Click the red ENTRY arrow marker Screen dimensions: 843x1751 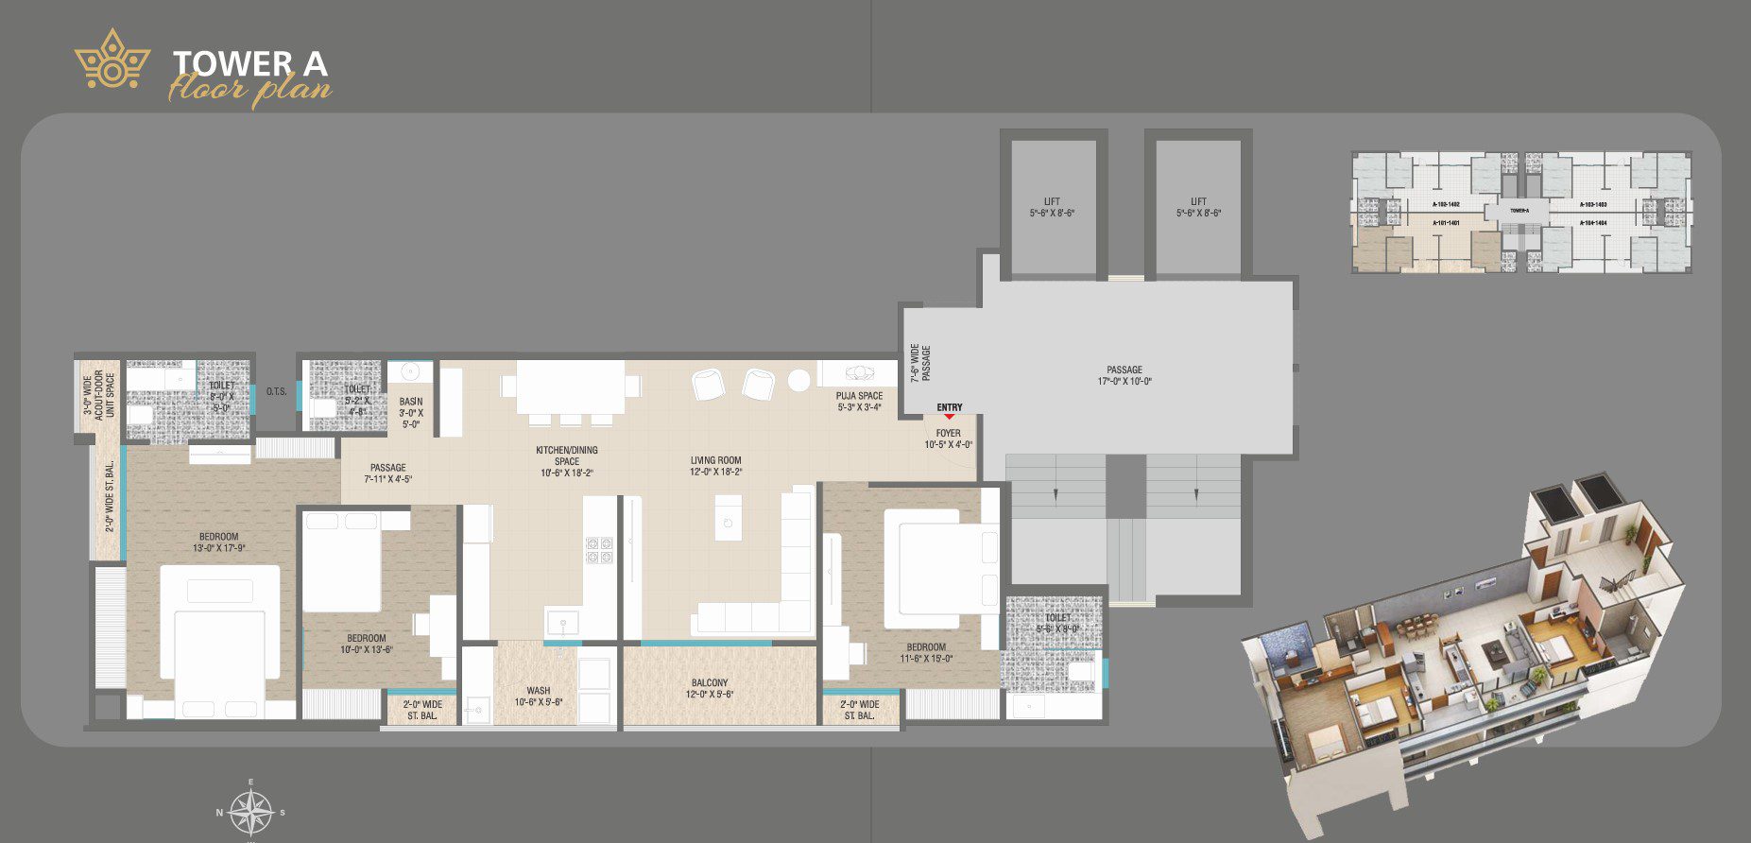949,416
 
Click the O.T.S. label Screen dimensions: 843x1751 276,391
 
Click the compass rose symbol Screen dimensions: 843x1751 251,811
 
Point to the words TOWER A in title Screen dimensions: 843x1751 250,63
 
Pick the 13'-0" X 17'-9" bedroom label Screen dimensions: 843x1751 219,542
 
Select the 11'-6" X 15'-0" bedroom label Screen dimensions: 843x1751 925,653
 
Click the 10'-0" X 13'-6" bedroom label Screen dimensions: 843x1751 367,644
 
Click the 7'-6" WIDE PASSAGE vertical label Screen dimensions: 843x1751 920,363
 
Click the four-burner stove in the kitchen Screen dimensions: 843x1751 599,550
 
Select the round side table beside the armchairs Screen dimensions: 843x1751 799,380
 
